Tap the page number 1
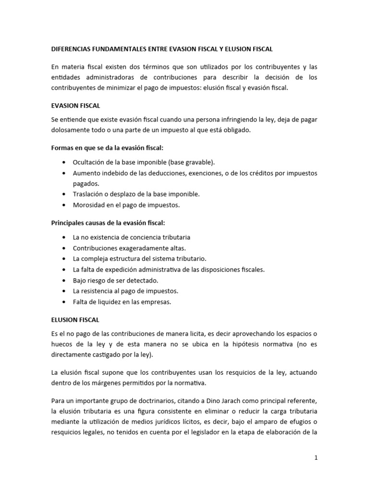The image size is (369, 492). coord(316,458)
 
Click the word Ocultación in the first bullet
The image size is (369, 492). coord(88,162)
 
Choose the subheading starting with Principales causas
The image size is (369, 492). coord(108,222)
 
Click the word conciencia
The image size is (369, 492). coord(146,237)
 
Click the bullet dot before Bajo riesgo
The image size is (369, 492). coord(64,281)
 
